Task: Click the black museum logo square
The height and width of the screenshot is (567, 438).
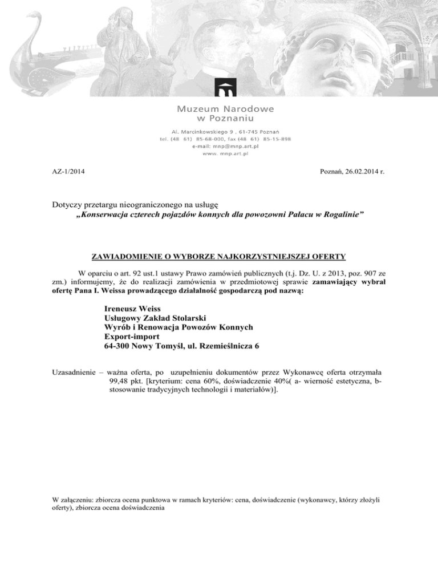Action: coord(225,88)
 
